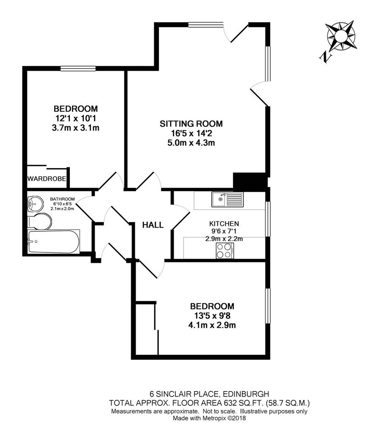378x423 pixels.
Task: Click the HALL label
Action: [153, 225]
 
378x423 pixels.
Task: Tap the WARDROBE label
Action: [47, 178]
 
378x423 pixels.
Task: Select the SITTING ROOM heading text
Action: [191, 124]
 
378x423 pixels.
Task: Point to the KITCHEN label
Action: [224, 223]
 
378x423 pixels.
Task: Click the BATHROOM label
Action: [62, 199]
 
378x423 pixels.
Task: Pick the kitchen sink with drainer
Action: [227, 200]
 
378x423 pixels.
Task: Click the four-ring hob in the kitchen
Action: [225, 251]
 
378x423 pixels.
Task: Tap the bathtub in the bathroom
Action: [54, 241]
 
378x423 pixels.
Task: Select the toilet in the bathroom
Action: [40, 221]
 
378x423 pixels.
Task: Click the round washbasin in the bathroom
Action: [36, 203]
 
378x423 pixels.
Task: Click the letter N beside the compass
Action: [325, 57]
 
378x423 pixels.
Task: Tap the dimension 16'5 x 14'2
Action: [191, 133]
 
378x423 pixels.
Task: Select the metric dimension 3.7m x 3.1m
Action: [76, 128]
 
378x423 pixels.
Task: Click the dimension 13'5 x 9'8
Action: [212, 316]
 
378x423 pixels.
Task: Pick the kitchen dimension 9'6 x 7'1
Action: [224, 231]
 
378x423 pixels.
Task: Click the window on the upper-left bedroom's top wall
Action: [78, 69]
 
